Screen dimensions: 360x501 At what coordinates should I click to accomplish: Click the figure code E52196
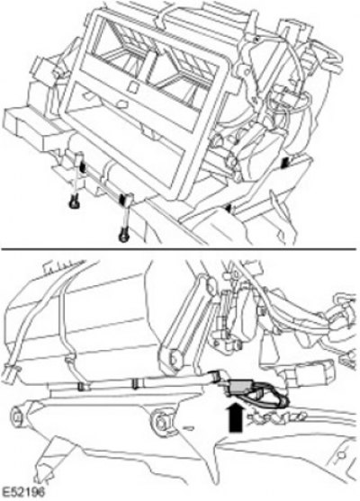click(23, 492)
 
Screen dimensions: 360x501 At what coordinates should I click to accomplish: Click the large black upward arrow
click(236, 417)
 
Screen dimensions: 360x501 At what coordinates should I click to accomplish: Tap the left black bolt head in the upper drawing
click(74, 202)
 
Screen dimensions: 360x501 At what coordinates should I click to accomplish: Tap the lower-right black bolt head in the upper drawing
click(122, 237)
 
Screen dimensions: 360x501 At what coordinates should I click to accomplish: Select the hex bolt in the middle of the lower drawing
click(162, 423)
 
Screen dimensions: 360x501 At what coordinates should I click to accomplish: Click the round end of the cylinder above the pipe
click(175, 359)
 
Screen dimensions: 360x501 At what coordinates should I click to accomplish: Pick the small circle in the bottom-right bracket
click(342, 454)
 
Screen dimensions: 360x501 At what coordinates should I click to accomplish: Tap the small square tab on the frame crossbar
click(132, 86)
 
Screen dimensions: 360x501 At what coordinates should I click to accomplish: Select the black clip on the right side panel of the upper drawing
click(285, 164)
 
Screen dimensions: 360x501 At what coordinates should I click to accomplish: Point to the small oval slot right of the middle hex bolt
click(188, 427)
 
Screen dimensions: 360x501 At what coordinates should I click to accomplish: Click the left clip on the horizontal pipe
click(84, 387)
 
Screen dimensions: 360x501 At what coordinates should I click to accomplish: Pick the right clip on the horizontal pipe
click(137, 384)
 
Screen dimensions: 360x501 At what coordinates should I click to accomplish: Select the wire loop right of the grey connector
click(272, 395)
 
